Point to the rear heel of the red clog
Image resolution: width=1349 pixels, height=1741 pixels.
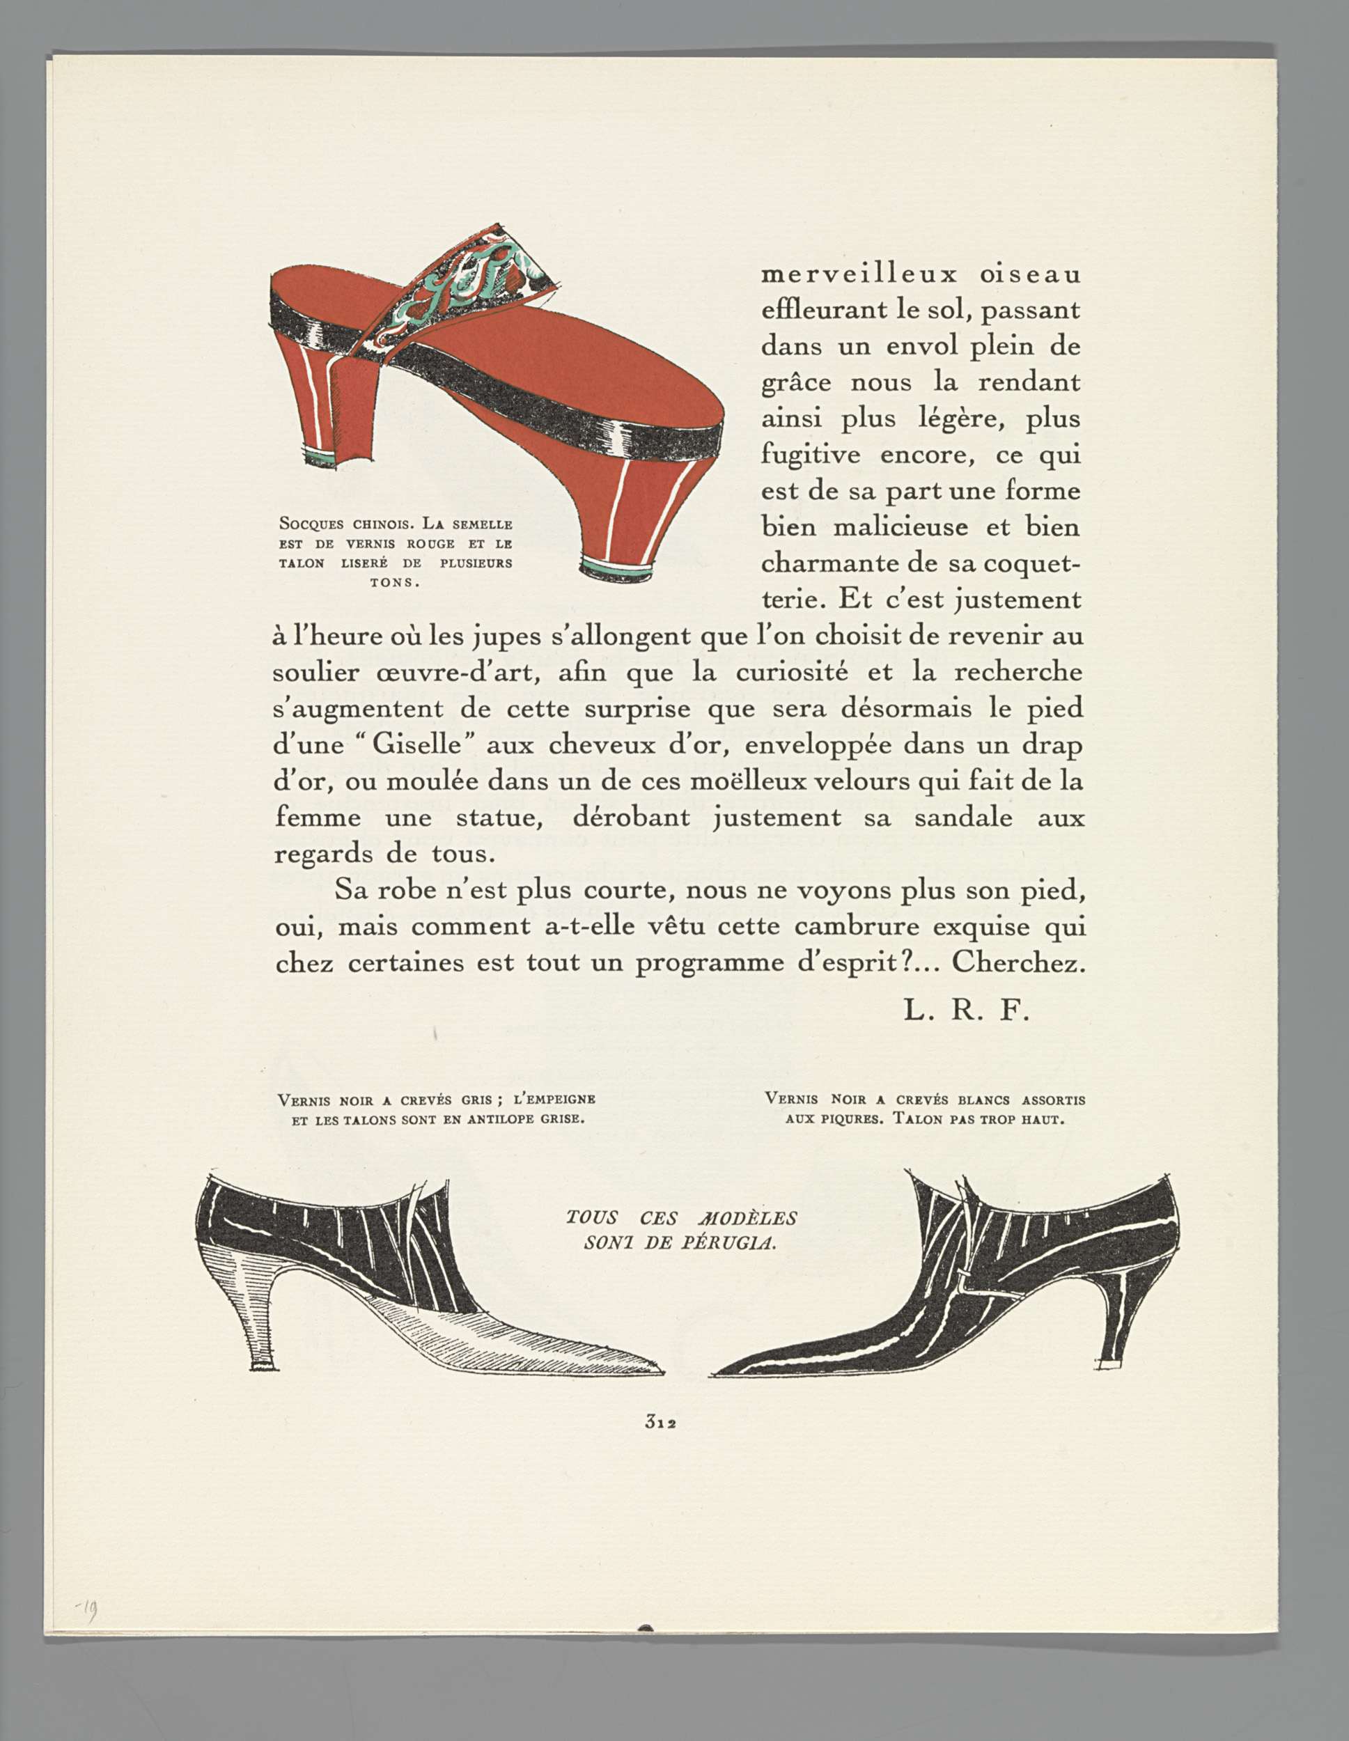tap(325, 407)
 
